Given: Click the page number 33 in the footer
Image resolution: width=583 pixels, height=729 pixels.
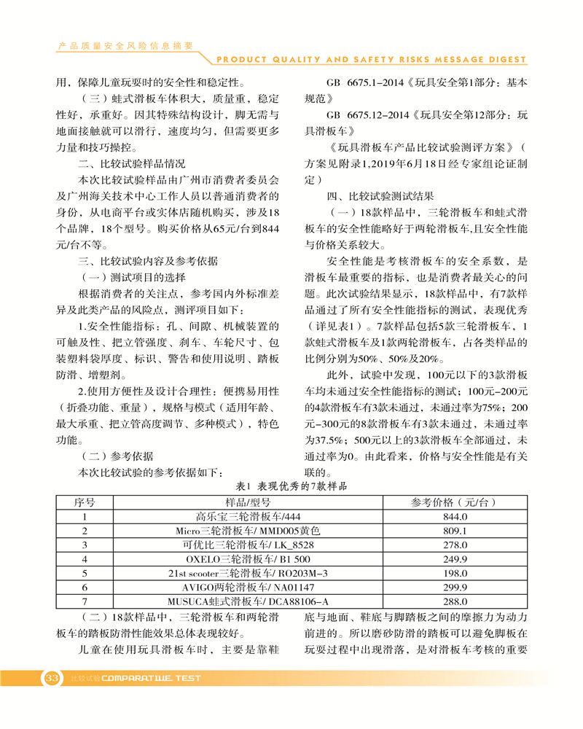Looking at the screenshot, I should pos(51,678).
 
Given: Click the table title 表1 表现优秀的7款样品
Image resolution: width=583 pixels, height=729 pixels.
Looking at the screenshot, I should pos(292,486).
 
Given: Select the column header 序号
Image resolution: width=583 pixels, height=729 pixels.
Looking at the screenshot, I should pos(85,502).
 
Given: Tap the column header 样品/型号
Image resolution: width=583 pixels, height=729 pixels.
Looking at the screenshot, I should pos(249,502).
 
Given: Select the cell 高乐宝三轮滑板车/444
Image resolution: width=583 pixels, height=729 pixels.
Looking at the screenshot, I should pos(249,516).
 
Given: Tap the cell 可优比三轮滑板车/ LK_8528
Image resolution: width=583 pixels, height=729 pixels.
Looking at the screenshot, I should pos(249,545).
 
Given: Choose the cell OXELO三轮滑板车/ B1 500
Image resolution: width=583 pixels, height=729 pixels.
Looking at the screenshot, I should pos(249,558).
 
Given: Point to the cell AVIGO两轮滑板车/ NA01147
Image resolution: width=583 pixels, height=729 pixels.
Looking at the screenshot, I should pos(249,587).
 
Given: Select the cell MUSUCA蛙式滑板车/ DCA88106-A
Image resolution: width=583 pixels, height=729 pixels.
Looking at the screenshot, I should pos(249,601).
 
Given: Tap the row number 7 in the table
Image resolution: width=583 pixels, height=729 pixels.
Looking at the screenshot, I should pos(85,601).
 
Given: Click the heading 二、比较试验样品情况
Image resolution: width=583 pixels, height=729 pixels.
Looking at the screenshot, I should pos(132,163).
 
